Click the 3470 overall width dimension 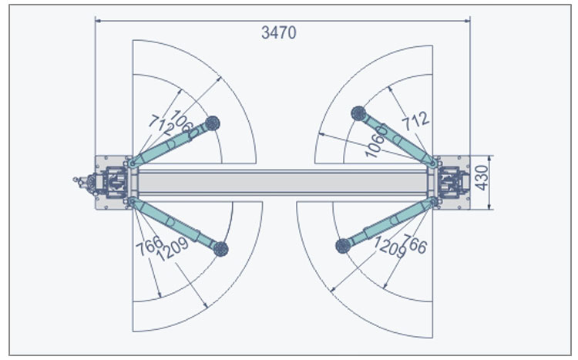(x=279, y=32)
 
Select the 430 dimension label (x=482, y=178)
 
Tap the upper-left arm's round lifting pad (x=213, y=123)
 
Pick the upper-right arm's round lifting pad (x=358, y=113)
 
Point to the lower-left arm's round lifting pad (x=221, y=249)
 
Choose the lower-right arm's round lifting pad (x=343, y=246)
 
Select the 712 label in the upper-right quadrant (x=415, y=121)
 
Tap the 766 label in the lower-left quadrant (x=150, y=245)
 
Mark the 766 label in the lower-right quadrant (x=414, y=244)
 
